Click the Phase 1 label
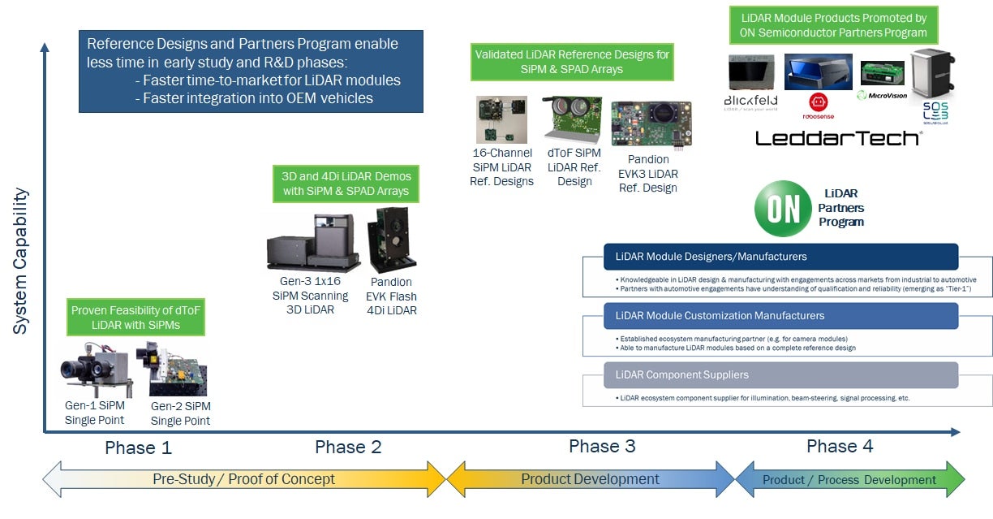coord(138,448)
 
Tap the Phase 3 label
coord(602,446)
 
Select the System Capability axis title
coord(21,261)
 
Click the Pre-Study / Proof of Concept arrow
coord(243,479)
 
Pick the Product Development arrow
coord(590,479)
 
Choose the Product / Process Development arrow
coord(849,480)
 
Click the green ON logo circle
coord(782,209)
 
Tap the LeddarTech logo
coord(838,138)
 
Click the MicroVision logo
coord(883,95)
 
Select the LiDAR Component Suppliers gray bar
coord(780,375)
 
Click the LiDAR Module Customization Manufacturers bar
coord(780,316)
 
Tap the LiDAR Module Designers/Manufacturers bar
coord(780,257)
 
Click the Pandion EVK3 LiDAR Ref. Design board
coord(651,123)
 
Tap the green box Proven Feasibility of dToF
coord(136,318)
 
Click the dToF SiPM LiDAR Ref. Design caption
coord(574,167)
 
